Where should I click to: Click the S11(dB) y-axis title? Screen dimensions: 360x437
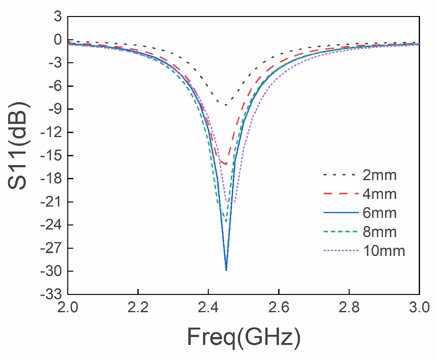pyautogui.click(x=18, y=146)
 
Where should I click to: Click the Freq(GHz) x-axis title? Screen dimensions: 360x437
pyautogui.click(x=244, y=337)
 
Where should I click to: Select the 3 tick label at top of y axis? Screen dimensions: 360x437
pyautogui.click(x=58, y=17)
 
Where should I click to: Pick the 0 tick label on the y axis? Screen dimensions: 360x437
pyautogui.click(x=58, y=40)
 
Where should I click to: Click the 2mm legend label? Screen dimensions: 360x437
pyautogui.click(x=379, y=175)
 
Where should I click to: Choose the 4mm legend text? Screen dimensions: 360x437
pyautogui.click(x=379, y=194)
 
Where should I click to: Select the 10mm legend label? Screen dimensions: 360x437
pyautogui.click(x=384, y=251)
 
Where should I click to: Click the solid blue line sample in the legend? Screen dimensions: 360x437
pyautogui.click(x=341, y=213)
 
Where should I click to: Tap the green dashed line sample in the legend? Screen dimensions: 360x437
pyautogui.click(x=341, y=232)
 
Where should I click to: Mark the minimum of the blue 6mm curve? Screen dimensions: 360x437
pyautogui.click(x=226, y=270)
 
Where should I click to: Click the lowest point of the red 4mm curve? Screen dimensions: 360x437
pyautogui.click(x=226, y=164)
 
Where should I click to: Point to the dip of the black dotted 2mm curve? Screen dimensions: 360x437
pyautogui.click(x=226, y=105)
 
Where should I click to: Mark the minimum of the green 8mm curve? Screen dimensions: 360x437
pyautogui.click(x=226, y=221)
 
